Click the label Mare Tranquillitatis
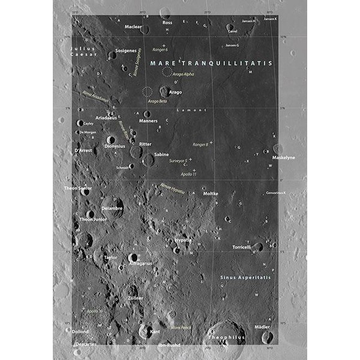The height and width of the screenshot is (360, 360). point(211,62)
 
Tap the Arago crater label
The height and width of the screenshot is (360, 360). point(175,92)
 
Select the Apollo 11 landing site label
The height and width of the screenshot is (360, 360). point(188,174)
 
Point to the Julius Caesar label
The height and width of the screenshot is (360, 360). point(83,51)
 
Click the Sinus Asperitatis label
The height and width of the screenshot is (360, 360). point(245,278)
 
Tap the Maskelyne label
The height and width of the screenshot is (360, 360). point(284,157)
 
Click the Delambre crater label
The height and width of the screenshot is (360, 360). point(112,208)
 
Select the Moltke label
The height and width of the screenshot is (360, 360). point(211,194)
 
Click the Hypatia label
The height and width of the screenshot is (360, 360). point(184,240)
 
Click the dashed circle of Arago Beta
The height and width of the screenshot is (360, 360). point(147,92)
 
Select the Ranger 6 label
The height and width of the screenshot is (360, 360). point(160,50)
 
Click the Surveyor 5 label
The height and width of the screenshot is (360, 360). point(179,161)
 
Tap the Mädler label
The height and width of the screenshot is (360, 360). point(262,327)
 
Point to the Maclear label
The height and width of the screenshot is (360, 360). point(133,27)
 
